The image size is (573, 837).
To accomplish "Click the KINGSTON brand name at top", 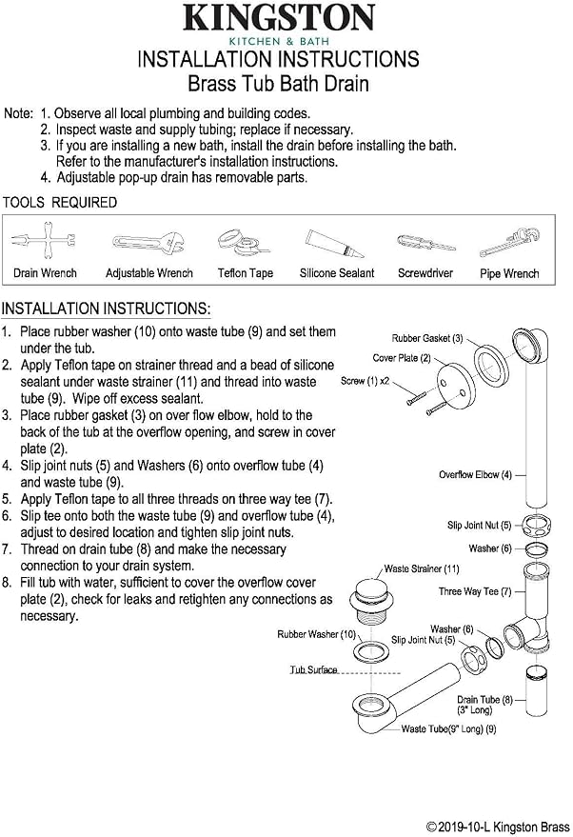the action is coord(279,17).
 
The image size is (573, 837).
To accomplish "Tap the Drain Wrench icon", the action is coord(44,242).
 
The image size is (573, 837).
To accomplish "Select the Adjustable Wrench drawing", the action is coord(148,244).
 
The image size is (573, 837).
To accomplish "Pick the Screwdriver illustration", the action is coord(425,244).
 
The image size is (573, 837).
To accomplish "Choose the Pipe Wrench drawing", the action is coord(509,242).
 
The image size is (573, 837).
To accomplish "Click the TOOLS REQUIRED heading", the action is coord(60,203).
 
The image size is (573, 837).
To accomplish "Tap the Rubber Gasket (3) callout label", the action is coord(427,338).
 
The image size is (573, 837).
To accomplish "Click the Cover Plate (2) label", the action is coord(402,358).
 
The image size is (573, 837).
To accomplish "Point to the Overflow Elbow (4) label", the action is coord(475,474).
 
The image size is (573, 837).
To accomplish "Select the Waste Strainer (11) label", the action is coord(422,569).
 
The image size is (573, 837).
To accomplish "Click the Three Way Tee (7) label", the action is coord(475,591).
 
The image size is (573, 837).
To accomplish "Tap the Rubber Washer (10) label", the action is coord(316,634).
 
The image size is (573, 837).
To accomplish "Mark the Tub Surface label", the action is coord(314,669).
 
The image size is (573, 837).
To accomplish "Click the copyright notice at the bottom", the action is coord(499,827).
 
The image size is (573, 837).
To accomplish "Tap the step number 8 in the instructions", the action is coord(6,583).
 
